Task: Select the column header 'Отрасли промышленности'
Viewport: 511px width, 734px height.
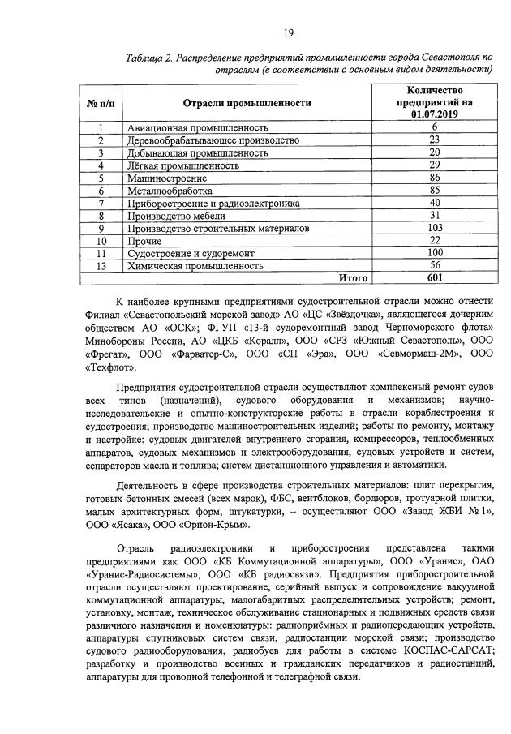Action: [247, 103]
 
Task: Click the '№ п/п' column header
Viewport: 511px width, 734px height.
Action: [99, 103]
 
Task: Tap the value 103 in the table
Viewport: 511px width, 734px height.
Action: [435, 228]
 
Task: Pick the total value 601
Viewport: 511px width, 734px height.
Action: [435, 277]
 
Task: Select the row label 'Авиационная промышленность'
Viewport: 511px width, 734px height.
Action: [197, 127]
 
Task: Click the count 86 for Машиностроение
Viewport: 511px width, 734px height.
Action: [435, 178]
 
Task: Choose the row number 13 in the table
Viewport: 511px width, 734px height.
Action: [99, 265]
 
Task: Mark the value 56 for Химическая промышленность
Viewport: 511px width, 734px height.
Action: [435, 265]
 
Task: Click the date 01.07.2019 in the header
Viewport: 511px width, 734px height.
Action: [435, 115]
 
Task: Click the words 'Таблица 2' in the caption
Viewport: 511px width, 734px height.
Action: [152, 58]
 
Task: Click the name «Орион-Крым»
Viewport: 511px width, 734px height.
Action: [180, 525]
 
